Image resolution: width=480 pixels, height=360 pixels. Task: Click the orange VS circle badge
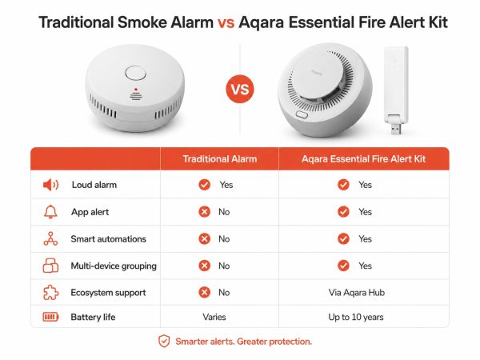240,89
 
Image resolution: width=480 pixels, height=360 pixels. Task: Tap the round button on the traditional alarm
135,74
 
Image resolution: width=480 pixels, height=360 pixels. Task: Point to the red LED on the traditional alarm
136,90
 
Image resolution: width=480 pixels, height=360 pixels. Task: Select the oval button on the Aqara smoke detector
302,114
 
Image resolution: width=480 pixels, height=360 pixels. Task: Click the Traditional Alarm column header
220,159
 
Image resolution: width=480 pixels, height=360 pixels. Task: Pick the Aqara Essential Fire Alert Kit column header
364,159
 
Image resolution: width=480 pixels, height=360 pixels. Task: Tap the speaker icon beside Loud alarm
50,185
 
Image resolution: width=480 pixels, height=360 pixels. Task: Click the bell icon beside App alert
50,212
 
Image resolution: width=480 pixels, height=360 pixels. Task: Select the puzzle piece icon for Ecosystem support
50,292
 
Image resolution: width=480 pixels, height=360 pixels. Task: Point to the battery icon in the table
50,317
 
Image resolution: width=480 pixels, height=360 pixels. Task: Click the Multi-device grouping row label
114,266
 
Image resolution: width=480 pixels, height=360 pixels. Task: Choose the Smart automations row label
108,238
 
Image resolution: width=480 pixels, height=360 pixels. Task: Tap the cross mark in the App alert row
204,212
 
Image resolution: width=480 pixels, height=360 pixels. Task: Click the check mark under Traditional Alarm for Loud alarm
204,185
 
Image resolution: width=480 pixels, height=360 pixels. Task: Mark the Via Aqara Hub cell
357,293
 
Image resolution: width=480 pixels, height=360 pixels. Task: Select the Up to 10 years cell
356,317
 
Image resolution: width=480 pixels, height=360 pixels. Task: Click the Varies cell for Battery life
214,317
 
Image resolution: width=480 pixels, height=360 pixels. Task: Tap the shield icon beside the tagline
164,341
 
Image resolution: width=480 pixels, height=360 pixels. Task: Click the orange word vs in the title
226,22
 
